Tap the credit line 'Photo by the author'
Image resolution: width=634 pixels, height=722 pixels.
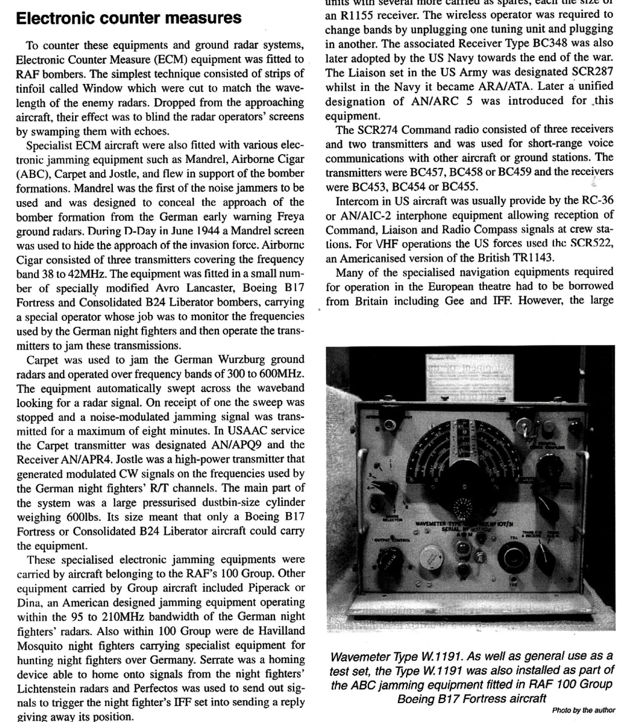[583, 710]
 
